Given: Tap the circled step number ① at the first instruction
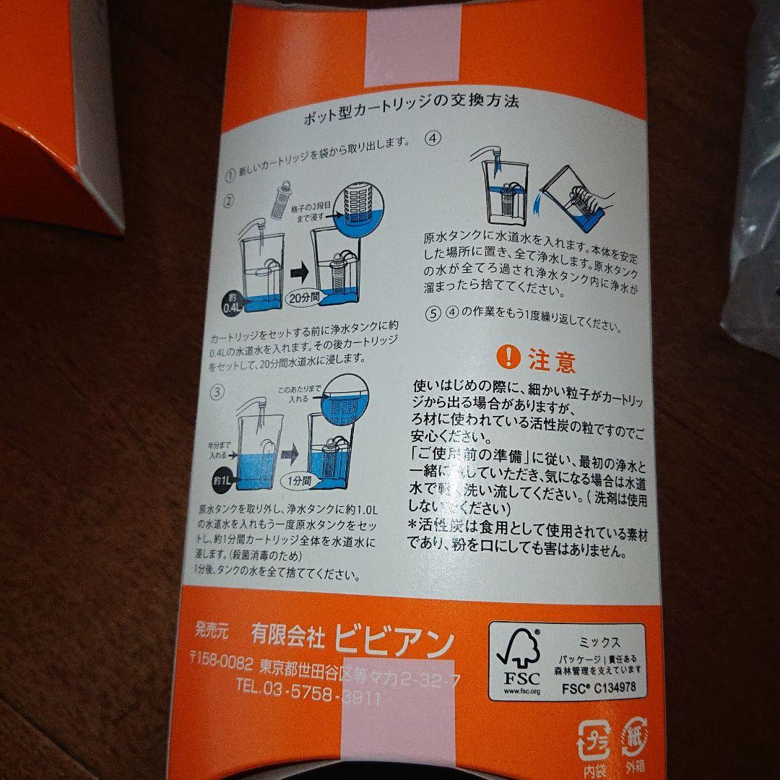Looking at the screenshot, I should click(x=230, y=175).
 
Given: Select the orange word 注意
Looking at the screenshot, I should click(x=552, y=359).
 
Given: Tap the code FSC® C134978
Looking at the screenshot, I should click(x=599, y=688).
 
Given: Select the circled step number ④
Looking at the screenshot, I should click(x=433, y=139).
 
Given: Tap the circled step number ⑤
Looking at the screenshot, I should click(x=433, y=314).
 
